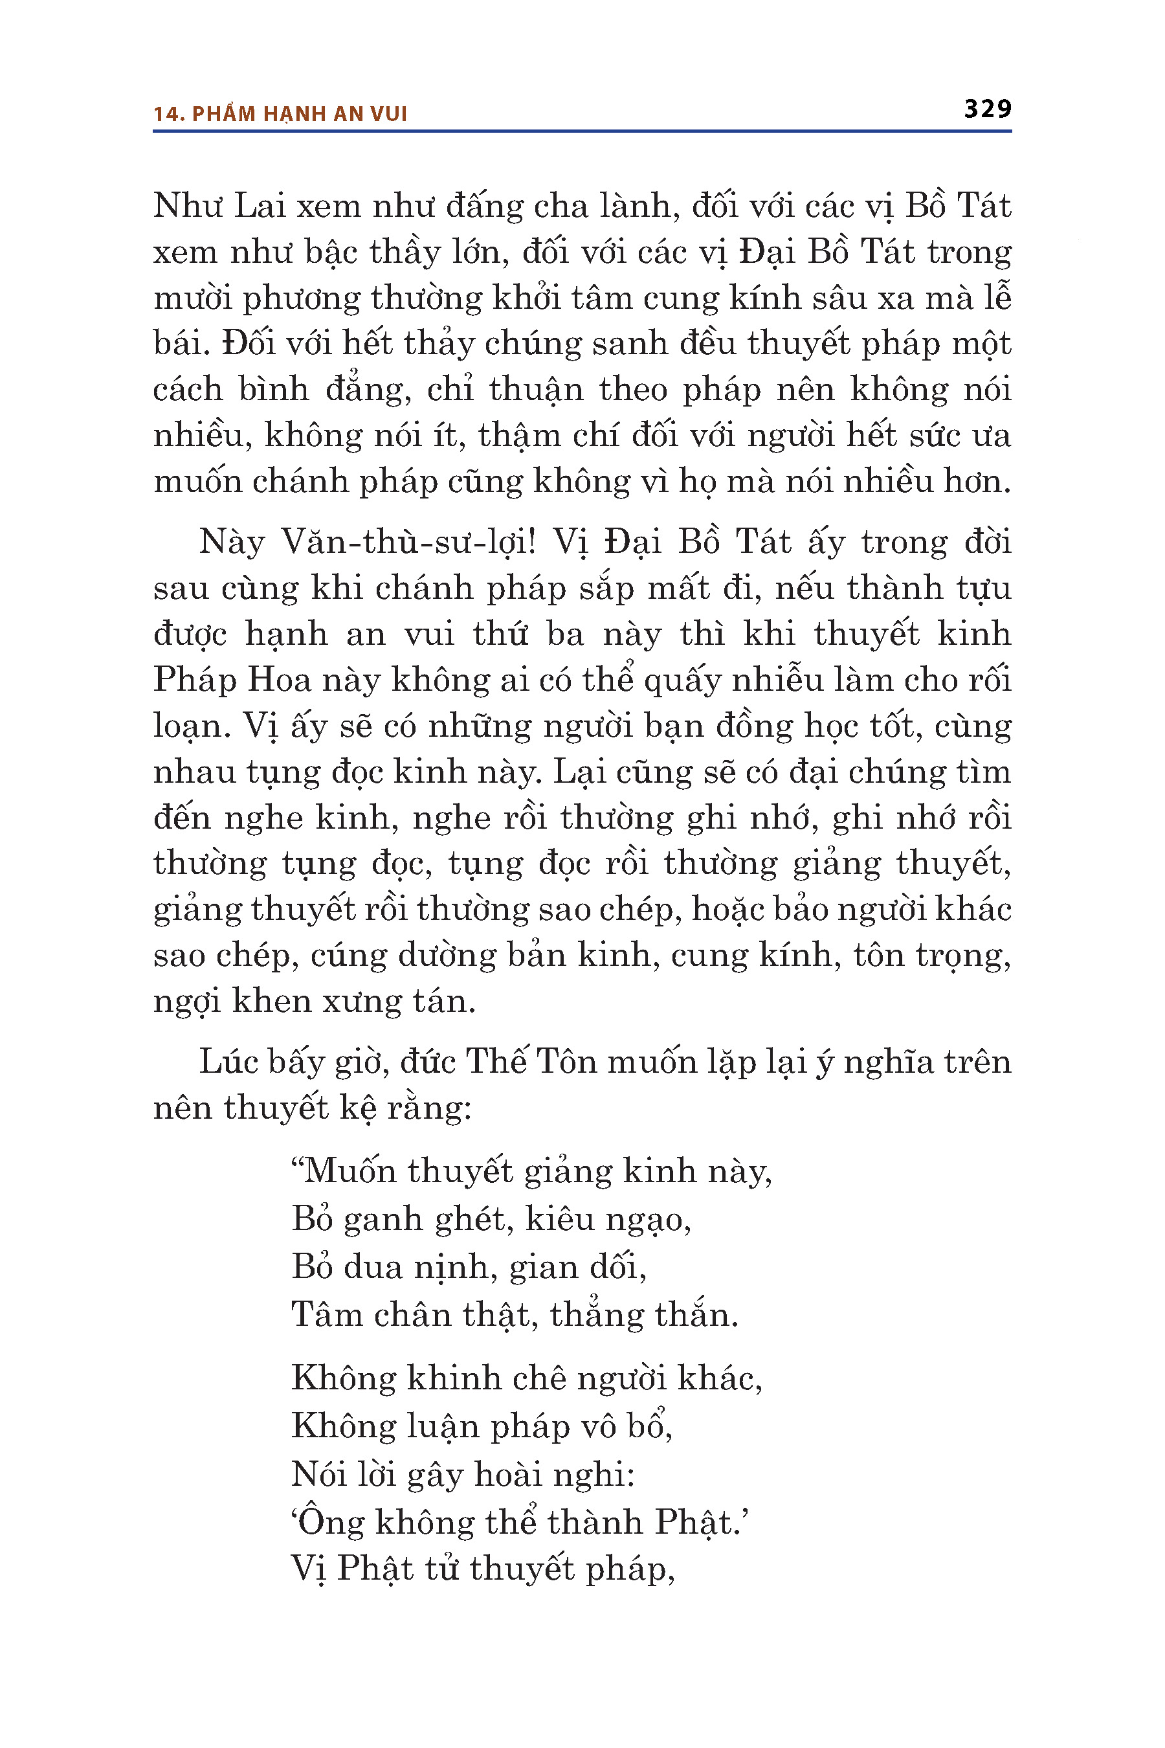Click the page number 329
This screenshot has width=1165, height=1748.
coord(988,109)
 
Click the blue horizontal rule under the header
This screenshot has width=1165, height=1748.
coord(582,131)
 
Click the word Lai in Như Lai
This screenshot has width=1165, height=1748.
coord(260,206)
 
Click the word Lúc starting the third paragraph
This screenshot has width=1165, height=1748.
coord(228,1061)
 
